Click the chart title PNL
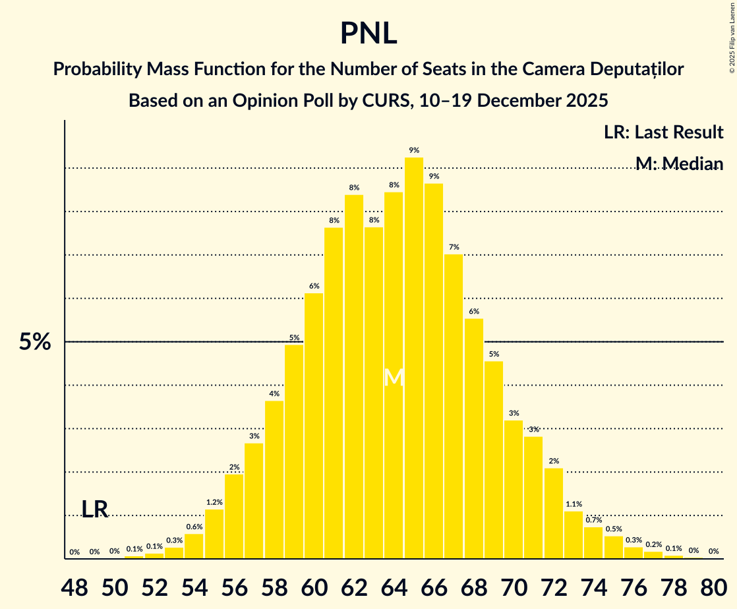pyautogui.click(x=368, y=33)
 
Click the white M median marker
pyautogui.click(x=394, y=378)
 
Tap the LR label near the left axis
pyautogui.click(x=95, y=509)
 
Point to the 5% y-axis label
pyautogui.click(x=35, y=342)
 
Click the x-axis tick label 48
pyautogui.click(x=74, y=586)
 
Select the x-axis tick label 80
pyautogui.click(x=713, y=586)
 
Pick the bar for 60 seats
pyautogui.click(x=314, y=426)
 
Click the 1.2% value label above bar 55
pyautogui.click(x=214, y=502)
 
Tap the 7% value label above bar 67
pyautogui.click(x=454, y=247)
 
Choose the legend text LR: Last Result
pyautogui.click(x=663, y=132)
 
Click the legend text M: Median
pyautogui.click(x=679, y=163)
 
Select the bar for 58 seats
pyautogui.click(x=274, y=479)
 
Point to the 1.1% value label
pyautogui.click(x=574, y=504)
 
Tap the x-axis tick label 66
pyautogui.click(x=434, y=586)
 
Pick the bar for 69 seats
pyautogui.click(x=494, y=459)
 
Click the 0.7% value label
pyautogui.click(x=593, y=520)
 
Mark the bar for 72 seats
pyautogui.click(x=554, y=513)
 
